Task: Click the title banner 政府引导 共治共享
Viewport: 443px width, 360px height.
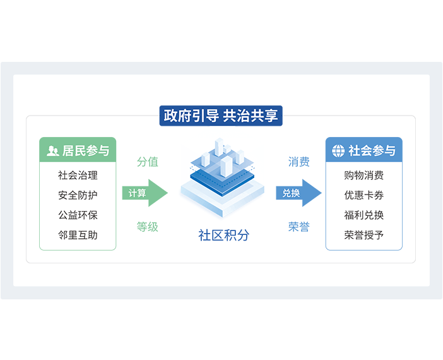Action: click(x=221, y=116)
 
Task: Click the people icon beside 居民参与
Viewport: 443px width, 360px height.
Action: click(x=53, y=151)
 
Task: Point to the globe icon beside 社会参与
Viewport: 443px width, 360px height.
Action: click(x=338, y=151)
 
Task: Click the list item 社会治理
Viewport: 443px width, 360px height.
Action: click(x=78, y=176)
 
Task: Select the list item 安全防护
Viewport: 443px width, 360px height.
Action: click(x=78, y=195)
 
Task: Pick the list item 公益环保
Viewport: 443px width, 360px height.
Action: click(x=78, y=215)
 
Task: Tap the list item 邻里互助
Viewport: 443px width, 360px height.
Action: click(x=78, y=235)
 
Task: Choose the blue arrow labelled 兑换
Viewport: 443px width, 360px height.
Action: click(x=297, y=193)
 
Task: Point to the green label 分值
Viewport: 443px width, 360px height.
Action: click(x=147, y=162)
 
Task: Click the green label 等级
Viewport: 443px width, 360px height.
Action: click(x=147, y=227)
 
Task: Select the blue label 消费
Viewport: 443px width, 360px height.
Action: click(x=298, y=162)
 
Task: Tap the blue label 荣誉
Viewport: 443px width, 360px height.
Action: click(x=298, y=227)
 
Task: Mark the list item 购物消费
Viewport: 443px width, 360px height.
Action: click(x=364, y=176)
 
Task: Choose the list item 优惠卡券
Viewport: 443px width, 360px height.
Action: click(x=364, y=195)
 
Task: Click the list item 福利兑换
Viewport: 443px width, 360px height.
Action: click(x=364, y=215)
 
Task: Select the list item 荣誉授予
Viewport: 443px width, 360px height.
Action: click(x=364, y=235)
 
